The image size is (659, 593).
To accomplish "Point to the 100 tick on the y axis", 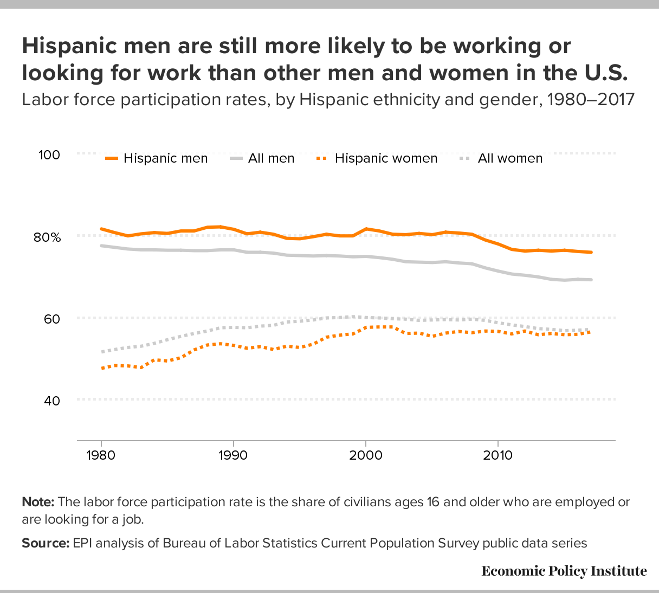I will [x=49, y=154].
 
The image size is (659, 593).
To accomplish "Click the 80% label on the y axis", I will [x=49, y=237].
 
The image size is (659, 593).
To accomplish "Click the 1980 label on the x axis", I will [x=101, y=455].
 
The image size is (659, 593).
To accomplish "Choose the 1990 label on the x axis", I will [x=233, y=455].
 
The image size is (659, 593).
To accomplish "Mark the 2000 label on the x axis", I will [x=366, y=455].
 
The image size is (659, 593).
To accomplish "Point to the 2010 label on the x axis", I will [x=498, y=455].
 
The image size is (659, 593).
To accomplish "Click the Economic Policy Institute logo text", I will [x=564, y=571].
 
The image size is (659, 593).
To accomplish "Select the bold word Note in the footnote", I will [x=38, y=502].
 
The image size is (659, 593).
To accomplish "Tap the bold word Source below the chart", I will [x=46, y=543].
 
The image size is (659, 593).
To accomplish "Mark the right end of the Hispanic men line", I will [x=591, y=252].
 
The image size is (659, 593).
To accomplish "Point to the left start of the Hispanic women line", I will [x=102, y=368].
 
